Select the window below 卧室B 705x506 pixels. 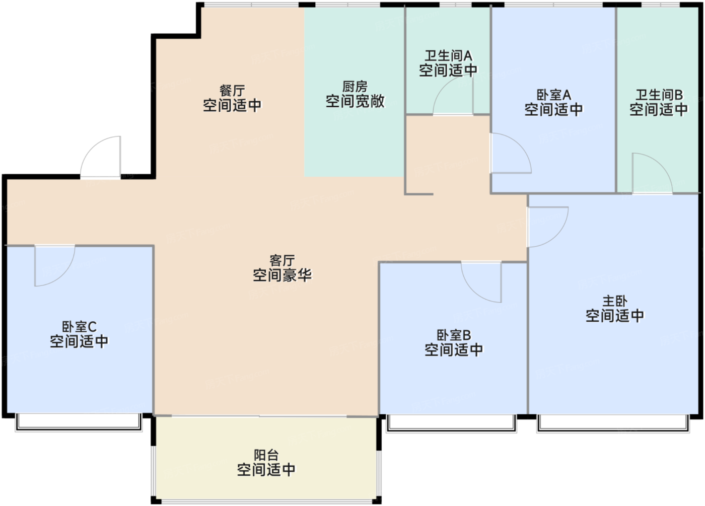(x=451, y=423)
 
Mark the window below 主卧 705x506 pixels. (x=612, y=423)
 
